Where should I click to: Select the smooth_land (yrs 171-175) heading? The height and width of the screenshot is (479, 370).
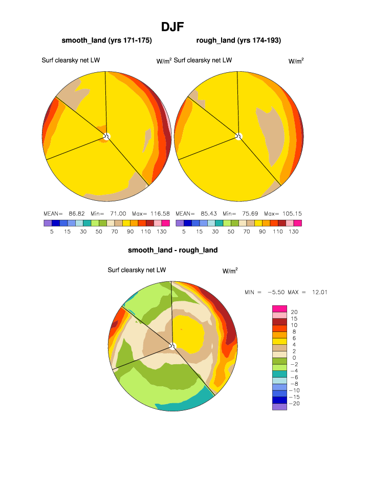pos(106,40)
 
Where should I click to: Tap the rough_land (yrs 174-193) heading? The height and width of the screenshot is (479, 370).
pos(238,40)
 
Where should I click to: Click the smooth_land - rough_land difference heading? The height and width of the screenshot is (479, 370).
pos(172,250)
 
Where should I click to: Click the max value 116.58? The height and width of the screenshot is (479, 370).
pos(160,213)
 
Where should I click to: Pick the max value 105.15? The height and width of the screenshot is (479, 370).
pos(293,213)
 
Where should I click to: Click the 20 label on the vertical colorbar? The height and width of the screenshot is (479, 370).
pos(294,312)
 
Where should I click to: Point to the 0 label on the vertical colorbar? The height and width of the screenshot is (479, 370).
pos(294,358)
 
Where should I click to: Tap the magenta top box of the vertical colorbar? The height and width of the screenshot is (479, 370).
pos(279,308)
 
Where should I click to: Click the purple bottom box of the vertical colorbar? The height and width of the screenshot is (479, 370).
pos(279,407)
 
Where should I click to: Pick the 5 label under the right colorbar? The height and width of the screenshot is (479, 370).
pos(184,232)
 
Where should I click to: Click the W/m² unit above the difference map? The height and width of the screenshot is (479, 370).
pos(230,270)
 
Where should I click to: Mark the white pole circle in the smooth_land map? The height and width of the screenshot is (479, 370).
pos(107,136)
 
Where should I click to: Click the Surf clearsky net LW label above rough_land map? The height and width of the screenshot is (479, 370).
pos(203,60)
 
